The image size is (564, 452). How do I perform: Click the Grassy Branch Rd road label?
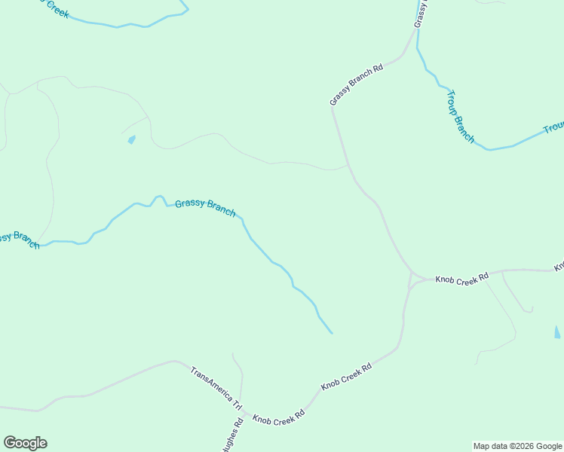pos(357,84)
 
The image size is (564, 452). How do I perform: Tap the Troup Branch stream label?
pos(460,116)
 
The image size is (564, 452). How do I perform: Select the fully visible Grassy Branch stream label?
pos(205,207)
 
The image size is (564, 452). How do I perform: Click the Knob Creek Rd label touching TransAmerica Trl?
pos(278,417)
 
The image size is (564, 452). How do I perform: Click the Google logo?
pos(25,443)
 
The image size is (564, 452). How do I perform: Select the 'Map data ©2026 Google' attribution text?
pos(516,446)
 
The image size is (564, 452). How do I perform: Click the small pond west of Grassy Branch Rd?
pos(132,139)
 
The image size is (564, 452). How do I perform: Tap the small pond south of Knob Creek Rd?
pos(557,331)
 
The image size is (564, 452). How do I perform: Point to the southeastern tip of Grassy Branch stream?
pos(332,333)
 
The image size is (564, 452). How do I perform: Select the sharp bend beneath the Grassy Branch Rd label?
pos(332,107)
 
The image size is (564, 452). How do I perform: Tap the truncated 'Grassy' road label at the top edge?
pos(421,14)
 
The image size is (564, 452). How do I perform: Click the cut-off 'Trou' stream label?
pos(553,129)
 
